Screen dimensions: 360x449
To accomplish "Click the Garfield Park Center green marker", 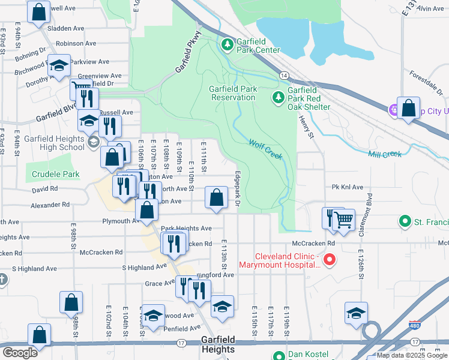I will point(228,44).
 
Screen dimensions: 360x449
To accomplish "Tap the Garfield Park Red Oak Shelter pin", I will point(279,97).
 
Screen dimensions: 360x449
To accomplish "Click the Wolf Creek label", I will point(265,149).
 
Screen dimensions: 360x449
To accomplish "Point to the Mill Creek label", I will point(385,154).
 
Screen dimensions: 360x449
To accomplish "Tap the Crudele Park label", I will point(52,174).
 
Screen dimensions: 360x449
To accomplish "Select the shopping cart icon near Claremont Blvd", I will point(343,220).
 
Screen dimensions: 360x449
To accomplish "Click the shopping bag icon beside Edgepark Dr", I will point(217,197).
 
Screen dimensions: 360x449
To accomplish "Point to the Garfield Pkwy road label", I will point(187,54).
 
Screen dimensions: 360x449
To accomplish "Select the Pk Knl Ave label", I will point(348,187).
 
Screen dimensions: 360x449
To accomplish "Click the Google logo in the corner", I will point(20,353).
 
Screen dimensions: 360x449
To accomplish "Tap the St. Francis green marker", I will point(405,222).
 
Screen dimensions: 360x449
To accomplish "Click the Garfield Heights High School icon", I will point(93,142).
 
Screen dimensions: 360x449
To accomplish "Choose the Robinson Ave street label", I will point(76,43).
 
